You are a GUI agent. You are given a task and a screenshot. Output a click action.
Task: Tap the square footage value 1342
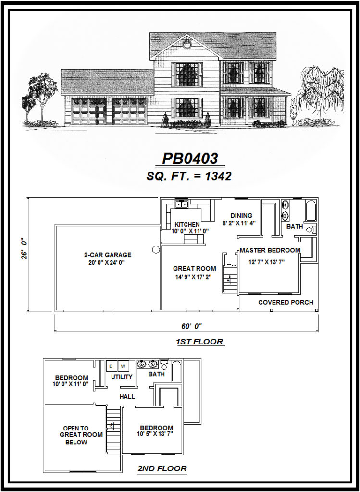[217, 176]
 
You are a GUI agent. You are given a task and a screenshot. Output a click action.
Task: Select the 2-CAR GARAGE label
[107, 255]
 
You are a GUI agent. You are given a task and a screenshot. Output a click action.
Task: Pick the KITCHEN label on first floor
[187, 224]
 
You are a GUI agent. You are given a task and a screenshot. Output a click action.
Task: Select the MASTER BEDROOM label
[270, 250]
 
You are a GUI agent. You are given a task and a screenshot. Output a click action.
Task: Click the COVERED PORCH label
[286, 302]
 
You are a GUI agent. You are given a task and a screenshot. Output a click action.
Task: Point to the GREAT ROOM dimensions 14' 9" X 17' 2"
[195, 277]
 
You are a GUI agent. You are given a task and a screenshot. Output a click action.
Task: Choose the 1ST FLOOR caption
[199, 342]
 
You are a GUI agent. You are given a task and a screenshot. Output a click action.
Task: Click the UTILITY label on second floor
[122, 377]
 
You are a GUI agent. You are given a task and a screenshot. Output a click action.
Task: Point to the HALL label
[127, 397]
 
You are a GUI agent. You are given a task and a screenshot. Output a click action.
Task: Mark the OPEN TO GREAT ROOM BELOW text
[76, 435]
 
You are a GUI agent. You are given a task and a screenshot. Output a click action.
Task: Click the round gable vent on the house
[187, 45]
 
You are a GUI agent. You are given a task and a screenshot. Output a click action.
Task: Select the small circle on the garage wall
[156, 249]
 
